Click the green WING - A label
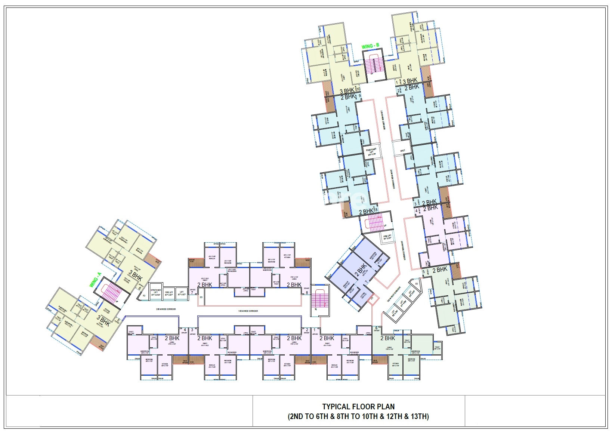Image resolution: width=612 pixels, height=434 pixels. click(96, 280)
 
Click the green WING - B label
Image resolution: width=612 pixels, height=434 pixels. click(371, 46)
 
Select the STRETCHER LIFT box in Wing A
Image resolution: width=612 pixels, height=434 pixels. click(155, 293)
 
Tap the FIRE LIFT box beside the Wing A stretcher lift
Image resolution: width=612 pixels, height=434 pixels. click(169, 293)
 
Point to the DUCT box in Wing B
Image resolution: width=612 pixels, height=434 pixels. click(402, 151)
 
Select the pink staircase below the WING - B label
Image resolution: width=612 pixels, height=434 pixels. click(374, 63)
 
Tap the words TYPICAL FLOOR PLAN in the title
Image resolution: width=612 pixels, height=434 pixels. click(358, 406)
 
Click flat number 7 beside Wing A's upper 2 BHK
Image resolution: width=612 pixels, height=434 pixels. click(192, 292)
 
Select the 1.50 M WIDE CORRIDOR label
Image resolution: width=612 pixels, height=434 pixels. click(248, 311)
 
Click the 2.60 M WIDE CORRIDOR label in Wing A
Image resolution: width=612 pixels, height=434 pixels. click(166, 309)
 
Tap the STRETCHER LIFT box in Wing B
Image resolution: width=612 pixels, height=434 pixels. click(371, 151)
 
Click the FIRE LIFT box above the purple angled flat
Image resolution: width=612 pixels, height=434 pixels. click(387, 237)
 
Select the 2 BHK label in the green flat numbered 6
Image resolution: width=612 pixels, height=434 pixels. click(387, 338)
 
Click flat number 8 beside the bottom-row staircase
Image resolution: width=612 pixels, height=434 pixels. click(307, 292)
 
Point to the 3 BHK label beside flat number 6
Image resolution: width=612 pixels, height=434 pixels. click(135, 276)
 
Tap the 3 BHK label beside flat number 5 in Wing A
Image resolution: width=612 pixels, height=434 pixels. click(103, 321)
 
